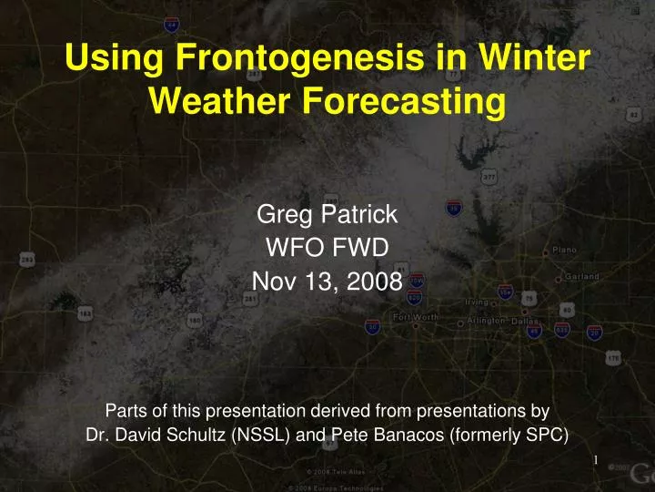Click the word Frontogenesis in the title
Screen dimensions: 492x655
[x=290, y=60]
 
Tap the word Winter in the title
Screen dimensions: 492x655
[x=527, y=60]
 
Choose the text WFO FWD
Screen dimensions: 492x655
[x=327, y=249]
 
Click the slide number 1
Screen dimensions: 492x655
[x=595, y=460]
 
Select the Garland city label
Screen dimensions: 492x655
[x=580, y=276]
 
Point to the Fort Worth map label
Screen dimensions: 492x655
[x=416, y=316]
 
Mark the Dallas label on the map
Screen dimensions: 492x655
[x=525, y=322]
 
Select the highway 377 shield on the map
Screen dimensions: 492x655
[x=489, y=175]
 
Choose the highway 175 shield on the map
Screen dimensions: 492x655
[x=614, y=358]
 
